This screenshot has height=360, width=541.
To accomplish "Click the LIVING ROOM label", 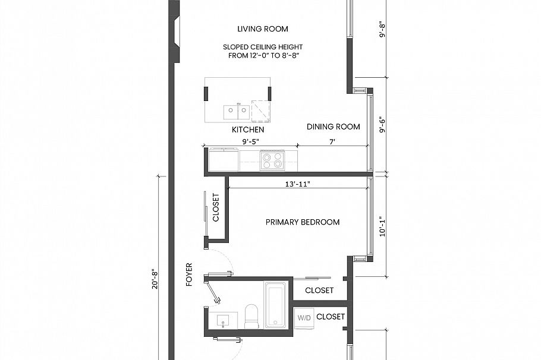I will (262, 29).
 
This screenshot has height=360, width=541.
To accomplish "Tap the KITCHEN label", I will (248, 129).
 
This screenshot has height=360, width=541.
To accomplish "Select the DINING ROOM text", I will (333, 127).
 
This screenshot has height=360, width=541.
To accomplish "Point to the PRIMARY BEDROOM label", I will (303, 222).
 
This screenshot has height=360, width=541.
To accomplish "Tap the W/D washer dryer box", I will (304, 318).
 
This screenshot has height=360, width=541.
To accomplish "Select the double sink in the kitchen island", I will (237, 110).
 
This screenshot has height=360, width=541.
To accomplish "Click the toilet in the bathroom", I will (251, 315).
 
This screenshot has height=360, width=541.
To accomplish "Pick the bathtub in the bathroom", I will (276, 305).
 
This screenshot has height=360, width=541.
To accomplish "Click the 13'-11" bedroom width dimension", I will (298, 184).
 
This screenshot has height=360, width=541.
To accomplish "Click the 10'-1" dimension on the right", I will (383, 226).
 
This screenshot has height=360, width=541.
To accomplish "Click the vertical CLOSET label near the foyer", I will (216, 208).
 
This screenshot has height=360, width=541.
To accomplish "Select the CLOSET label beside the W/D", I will (330, 317).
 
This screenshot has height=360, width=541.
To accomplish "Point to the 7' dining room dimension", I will (332, 141).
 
